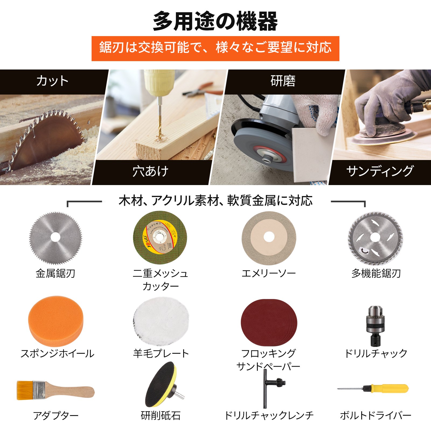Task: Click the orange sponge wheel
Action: [56, 321]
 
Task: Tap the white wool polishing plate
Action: [161, 321]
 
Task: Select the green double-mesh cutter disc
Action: [160, 237]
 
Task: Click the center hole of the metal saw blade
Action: [55, 237]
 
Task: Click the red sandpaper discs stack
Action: [269, 322]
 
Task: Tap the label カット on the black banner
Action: [52, 81]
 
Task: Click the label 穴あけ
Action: [150, 171]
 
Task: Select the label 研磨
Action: [283, 81]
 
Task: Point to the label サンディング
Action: [380, 171]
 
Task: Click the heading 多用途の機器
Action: [215, 21]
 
